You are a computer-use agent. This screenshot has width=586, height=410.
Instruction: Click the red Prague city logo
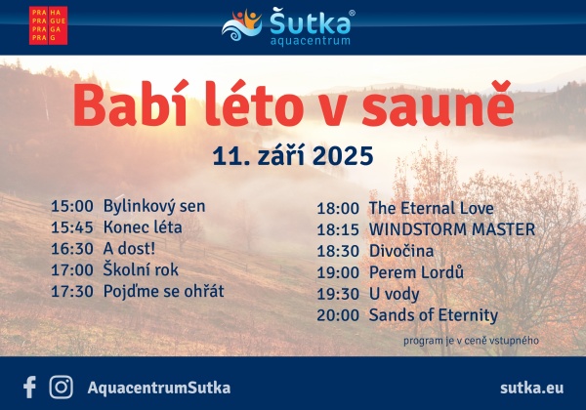(48, 25)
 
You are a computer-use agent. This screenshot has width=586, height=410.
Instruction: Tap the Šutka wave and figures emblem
(242, 25)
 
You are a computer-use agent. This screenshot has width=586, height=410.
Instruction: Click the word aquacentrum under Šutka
(310, 40)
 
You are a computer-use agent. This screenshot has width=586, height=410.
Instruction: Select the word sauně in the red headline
(438, 103)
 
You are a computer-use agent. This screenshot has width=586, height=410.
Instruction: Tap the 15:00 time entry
(71, 206)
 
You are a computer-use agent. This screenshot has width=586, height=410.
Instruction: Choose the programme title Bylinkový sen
(154, 207)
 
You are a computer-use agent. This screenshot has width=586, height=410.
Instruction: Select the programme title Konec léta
(143, 227)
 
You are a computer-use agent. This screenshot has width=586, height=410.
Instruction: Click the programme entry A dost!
(129, 249)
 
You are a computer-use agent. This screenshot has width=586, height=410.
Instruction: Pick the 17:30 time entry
(71, 291)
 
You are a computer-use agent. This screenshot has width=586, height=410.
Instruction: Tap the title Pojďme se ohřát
(164, 291)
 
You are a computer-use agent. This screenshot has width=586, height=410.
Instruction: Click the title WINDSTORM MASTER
(452, 229)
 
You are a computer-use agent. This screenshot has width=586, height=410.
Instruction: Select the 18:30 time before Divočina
(338, 251)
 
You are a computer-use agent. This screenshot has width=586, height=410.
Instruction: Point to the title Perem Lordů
(416, 271)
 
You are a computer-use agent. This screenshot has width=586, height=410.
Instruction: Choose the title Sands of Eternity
(434, 315)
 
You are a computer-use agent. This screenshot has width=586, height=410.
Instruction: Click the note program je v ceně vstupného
(471, 341)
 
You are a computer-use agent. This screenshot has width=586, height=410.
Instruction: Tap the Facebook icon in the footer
(29, 387)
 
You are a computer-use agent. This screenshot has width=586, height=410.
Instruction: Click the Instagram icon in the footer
(62, 388)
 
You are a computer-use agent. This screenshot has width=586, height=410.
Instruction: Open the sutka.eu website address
(532, 388)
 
